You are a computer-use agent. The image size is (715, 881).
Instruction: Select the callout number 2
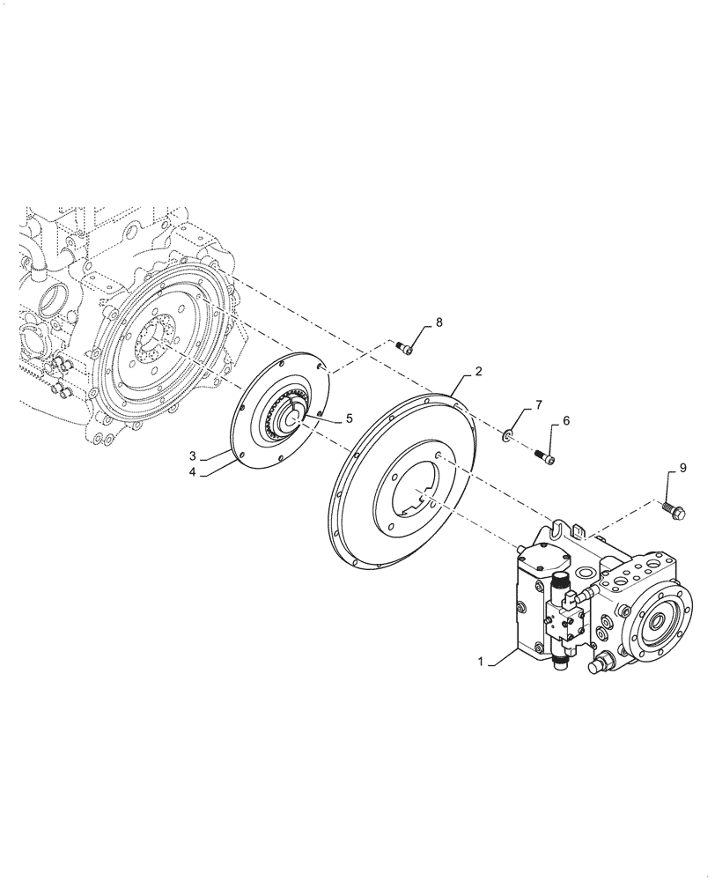[478, 372]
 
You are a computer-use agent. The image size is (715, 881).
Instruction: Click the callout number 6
[565, 421]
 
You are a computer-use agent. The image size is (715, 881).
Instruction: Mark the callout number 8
[438, 323]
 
